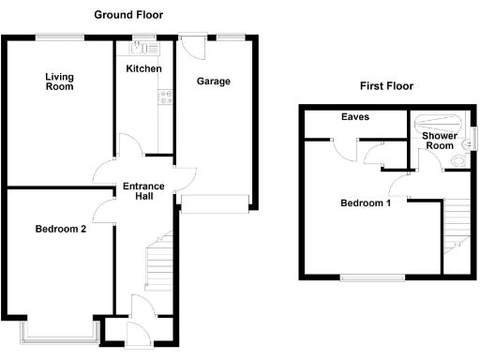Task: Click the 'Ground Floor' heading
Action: click(128, 15)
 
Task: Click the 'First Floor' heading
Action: click(386, 86)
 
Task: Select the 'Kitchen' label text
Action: click(143, 69)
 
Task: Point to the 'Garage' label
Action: click(214, 82)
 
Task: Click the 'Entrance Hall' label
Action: click(143, 192)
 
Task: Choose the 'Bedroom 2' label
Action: click(61, 228)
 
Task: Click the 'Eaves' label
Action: click(355, 117)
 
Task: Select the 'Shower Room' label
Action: click(439, 141)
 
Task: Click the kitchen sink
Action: click(145, 44)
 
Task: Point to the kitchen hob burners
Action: click(166, 95)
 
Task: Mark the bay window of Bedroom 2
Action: click(60, 329)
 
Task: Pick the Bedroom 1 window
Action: click(372, 277)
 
